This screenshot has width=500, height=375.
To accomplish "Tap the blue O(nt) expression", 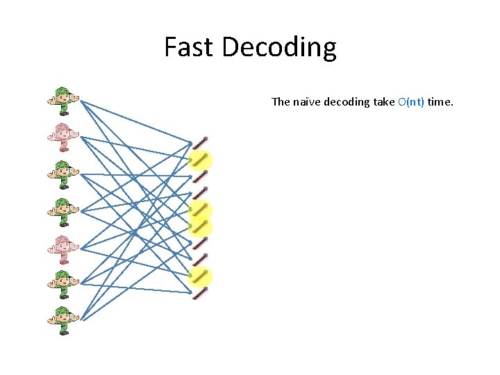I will pyautogui.click(x=411, y=102).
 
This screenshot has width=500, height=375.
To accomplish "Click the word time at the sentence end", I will pyautogui.click(x=440, y=102).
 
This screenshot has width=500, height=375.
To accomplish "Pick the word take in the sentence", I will pyautogui.click(x=383, y=102).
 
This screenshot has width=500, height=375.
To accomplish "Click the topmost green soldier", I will pyautogui.click(x=63, y=99).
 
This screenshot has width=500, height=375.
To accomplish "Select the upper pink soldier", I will pyautogui.click(x=63, y=136).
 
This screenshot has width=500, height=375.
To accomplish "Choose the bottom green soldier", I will pyautogui.click(x=63, y=319).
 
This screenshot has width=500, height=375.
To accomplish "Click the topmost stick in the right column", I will pyautogui.click(x=201, y=143).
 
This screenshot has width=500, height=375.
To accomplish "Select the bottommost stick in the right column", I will pyautogui.click(x=201, y=293).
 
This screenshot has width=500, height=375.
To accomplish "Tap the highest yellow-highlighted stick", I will pyautogui.click(x=201, y=160).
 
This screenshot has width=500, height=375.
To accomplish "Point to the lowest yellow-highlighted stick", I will pyautogui.click(x=201, y=276).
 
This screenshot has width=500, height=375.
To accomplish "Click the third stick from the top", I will pyautogui.click(x=201, y=176).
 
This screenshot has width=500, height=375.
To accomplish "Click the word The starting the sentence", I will pyautogui.click(x=281, y=102).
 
